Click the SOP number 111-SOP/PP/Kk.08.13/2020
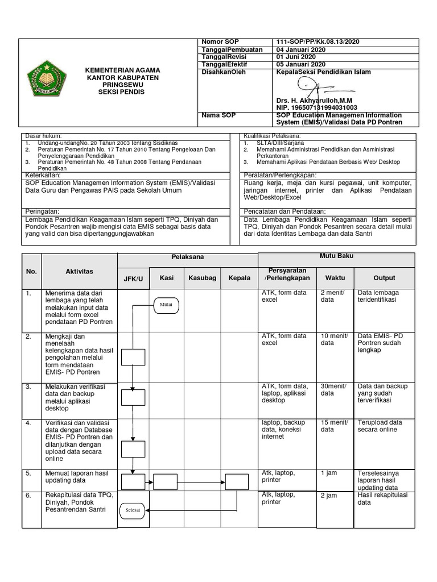tap(318, 42)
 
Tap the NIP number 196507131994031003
tap(316, 107)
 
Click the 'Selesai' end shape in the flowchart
tap(132, 509)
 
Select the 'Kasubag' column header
tap(203, 277)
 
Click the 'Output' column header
tap(384, 277)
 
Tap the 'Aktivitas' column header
tap(79, 272)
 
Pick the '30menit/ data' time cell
tap(333, 390)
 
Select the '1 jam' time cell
tap(329, 472)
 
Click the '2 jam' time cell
tap(329, 496)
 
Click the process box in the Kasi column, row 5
tap(166, 482)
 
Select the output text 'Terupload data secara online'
tap(380, 426)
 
